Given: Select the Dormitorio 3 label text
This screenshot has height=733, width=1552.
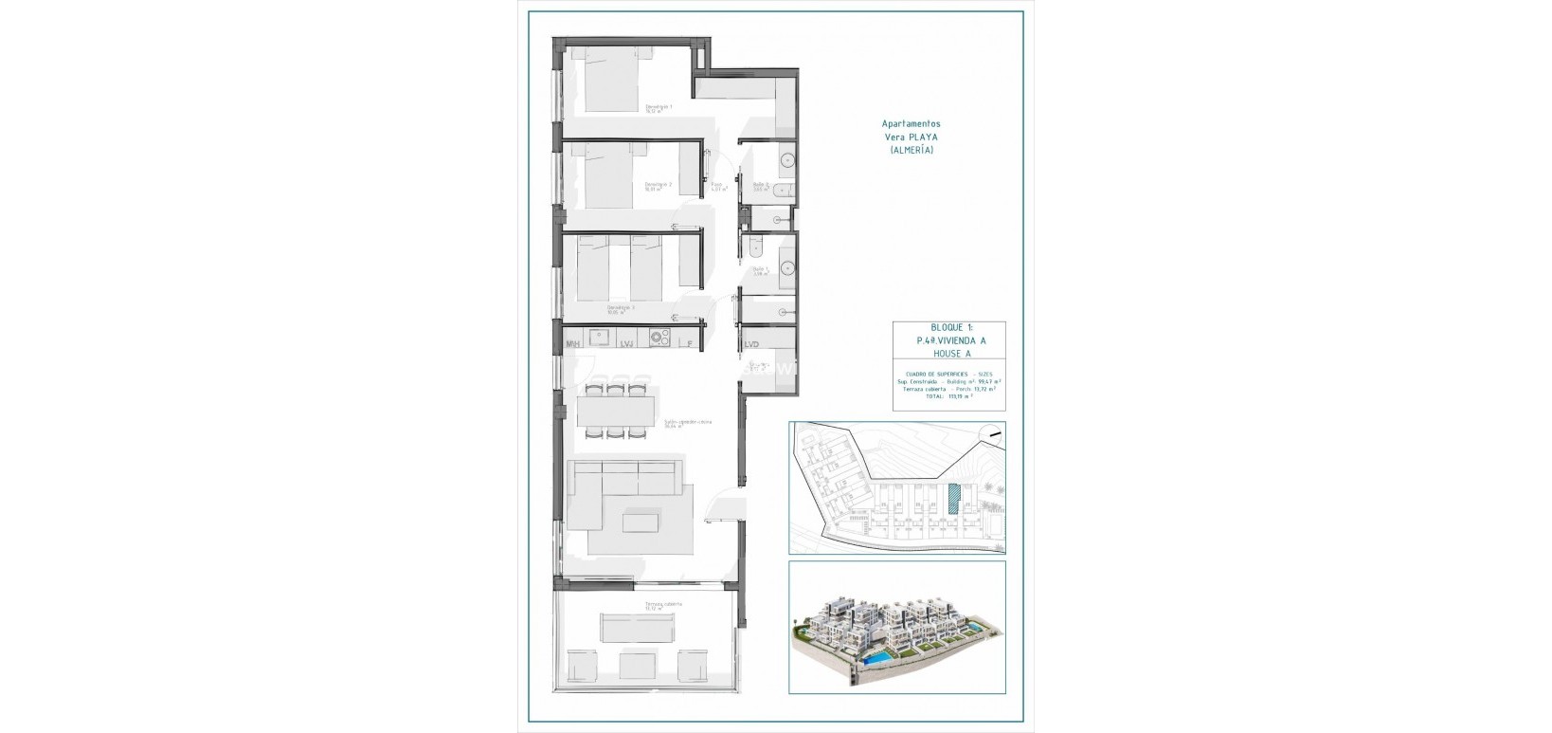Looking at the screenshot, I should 621,308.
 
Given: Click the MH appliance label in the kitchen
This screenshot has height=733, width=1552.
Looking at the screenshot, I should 572,344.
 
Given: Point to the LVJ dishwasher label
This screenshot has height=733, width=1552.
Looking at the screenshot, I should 626,344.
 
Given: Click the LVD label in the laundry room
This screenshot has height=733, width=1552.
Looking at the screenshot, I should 751,344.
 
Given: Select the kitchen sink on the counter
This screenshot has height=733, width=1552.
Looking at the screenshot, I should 598,337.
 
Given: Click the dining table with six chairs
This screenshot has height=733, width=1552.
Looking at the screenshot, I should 615,409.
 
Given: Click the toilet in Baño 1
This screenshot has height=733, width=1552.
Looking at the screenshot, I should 754,247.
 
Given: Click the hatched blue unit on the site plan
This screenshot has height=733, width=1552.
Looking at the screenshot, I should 954,499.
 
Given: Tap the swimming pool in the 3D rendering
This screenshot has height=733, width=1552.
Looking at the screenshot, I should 876,657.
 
